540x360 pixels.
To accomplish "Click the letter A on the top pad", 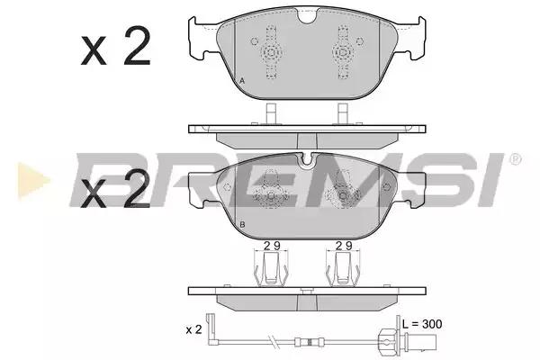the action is (242, 81).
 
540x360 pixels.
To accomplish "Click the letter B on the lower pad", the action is (242, 225).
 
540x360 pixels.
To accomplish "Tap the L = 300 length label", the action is (422, 324).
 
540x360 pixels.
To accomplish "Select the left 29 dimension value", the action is (272, 246).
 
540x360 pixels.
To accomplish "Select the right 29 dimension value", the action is (344, 246).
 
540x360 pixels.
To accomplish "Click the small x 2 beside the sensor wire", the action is (193, 329).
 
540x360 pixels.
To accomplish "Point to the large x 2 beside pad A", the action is (116, 46).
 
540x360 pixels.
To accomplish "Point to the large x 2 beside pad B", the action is (115, 190).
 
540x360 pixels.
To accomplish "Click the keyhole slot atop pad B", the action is (307, 161).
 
